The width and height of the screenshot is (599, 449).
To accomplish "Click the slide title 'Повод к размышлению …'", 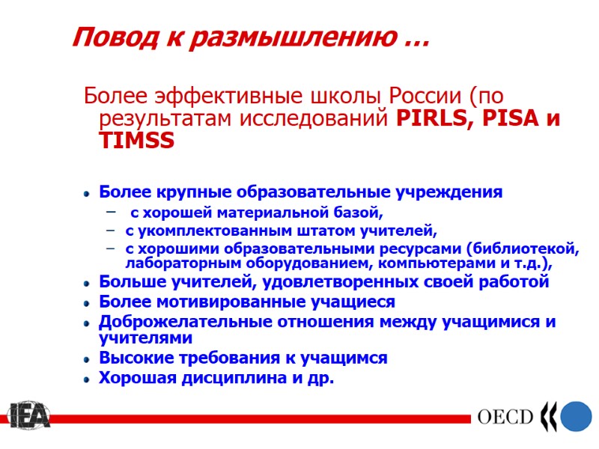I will tap(251, 37).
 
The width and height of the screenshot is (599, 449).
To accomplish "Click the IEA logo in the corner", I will tap(28, 416).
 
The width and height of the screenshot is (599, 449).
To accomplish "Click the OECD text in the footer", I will tap(505, 417).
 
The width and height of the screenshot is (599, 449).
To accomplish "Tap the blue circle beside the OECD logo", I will tap(576, 416).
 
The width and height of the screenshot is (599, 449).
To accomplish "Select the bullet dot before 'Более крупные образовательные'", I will tap(87, 194).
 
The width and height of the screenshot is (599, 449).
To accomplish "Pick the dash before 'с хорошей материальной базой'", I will tap(111, 213).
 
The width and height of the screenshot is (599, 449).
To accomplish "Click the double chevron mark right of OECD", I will tap(548, 416).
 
